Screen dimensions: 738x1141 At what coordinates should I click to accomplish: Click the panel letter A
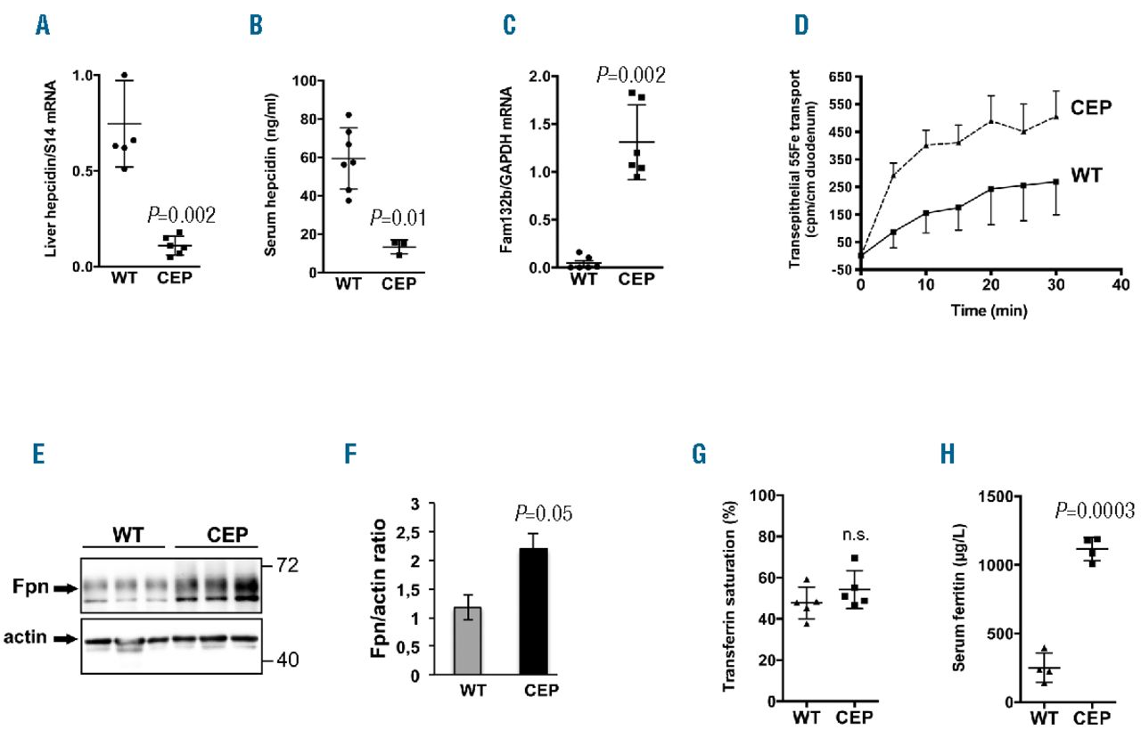[x=43, y=26]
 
